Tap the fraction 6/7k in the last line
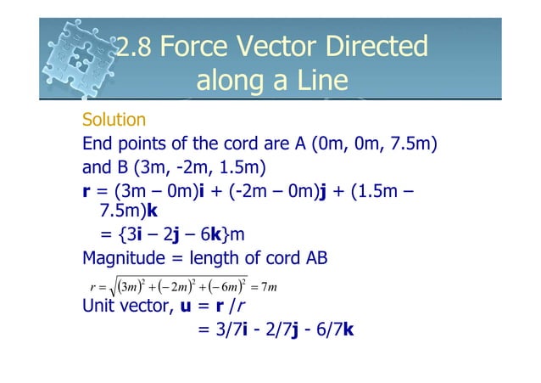coord(334,329)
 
